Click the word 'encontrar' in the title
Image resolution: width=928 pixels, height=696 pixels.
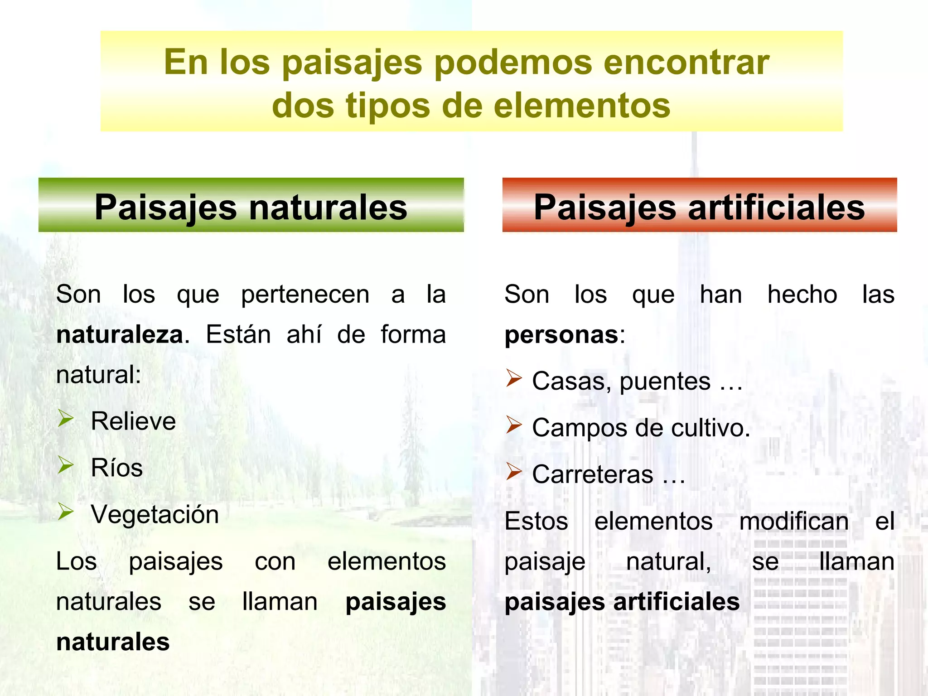click(x=686, y=62)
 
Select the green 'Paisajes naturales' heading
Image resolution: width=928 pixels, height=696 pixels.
click(x=251, y=206)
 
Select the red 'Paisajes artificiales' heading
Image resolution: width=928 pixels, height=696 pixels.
click(x=699, y=206)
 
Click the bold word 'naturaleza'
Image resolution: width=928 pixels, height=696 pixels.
click(x=120, y=335)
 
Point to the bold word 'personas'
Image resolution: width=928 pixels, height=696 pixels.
click(x=561, y=335)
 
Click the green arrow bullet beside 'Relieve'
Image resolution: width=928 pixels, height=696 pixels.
click(x=66, y=419)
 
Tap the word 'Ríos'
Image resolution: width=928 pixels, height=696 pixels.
click(x=116, y=468)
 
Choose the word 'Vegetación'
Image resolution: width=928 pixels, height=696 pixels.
click(x=155, y=514)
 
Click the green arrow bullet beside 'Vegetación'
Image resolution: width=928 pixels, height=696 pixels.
click(x=66, y=512)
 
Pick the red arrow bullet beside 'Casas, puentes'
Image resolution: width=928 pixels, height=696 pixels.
click(x=514, y=378)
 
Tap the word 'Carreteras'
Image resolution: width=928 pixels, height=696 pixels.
click(x=593, y=474)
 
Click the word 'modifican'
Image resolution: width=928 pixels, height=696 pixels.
click(x=794, y=521)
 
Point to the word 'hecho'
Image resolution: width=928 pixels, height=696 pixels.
click(x=802, y=295)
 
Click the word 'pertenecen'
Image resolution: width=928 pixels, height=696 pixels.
click(x=305, y=295)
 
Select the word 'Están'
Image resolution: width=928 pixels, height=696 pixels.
click(x=238, y=335)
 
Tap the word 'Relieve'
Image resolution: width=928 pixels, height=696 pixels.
click(x=133, y=421)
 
